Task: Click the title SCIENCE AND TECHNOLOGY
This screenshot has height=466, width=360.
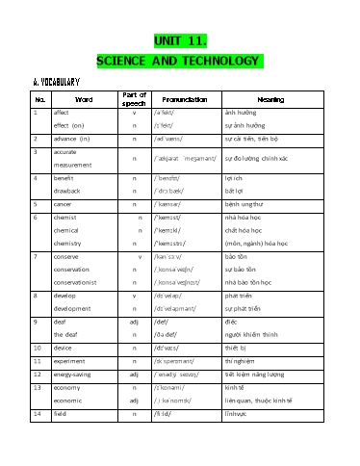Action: pyautogui.click(x=180, y=63)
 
